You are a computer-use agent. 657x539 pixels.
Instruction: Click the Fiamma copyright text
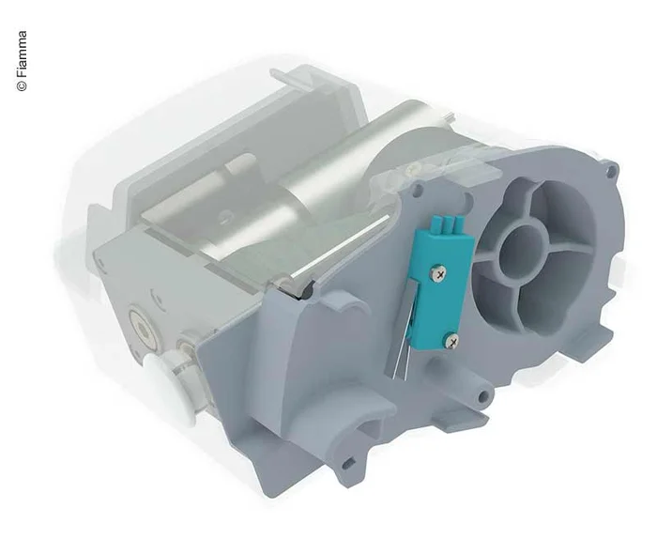[22, 56]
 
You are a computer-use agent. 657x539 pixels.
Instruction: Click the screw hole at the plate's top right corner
[613, 171]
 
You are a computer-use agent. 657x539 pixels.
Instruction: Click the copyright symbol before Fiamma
[22, 85]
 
